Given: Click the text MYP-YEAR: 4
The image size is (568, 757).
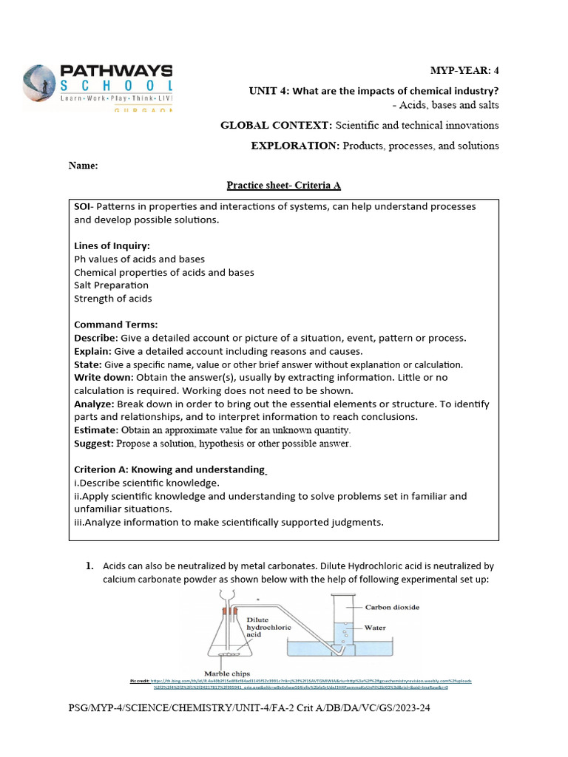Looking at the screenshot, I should [464, 70].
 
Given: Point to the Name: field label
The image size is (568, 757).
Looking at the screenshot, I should [83, 166].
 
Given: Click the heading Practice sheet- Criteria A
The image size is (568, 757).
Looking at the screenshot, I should [283, 186].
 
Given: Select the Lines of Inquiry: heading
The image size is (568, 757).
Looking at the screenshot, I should [112, 245].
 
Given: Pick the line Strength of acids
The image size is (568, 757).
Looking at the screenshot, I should [112, 299].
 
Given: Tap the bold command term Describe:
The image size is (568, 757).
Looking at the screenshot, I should [93, 338].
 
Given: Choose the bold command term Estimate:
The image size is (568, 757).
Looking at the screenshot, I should [95, 430].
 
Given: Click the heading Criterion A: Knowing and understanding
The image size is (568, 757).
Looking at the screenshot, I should [169, 469].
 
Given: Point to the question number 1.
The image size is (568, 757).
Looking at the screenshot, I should [89, 566].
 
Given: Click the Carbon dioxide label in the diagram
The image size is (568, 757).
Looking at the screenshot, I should [392, 607].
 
